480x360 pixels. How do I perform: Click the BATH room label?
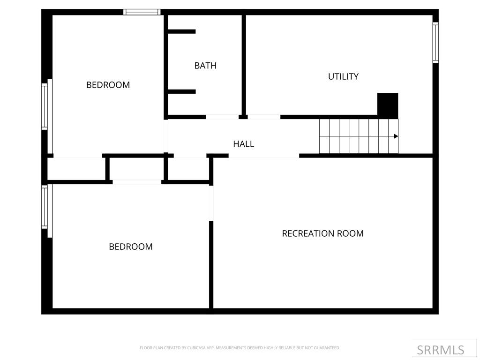tap(205, 66)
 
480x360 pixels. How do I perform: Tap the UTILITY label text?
tap(343, 76)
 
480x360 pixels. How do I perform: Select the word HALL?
tap(243, 144)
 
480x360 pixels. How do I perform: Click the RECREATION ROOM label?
tap(322, 233)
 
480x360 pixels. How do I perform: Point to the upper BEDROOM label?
tap(108, 85)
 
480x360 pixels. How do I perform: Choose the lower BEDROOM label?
tap(130, 247)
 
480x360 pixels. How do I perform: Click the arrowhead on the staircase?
tap(396, 136)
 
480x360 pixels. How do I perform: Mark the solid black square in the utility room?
tap(388, 105)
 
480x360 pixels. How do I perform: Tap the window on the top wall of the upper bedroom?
tap(142, 12)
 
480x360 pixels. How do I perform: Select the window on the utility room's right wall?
tap(435, 43)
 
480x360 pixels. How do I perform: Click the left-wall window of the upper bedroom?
tap(45, 105)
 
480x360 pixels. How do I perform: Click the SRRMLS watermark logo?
tap(440, 350)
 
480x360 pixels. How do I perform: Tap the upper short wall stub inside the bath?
tap(182, 31)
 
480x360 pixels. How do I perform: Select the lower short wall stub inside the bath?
tap(182, 91)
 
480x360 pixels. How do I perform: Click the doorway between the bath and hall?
tap(222, 117)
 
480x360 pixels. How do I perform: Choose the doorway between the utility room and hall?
tap(264, 117)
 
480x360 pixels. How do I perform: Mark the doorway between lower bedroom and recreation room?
tap(211, 202)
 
